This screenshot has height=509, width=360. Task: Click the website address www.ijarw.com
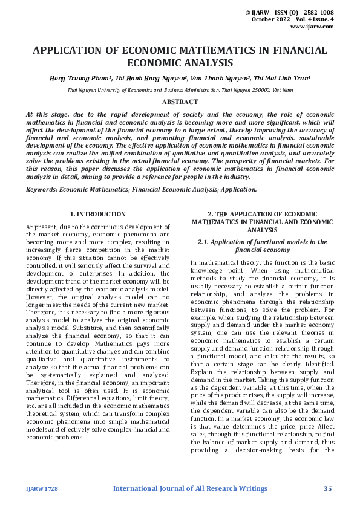click(x=312, y=27)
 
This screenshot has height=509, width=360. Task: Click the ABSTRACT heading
click(x=180, y=102)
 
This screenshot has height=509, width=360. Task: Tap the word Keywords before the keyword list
click(x=42, y=189)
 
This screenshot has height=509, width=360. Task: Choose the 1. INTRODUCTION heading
click(x=97, y=214)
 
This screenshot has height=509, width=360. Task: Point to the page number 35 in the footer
click(x=328, y=488)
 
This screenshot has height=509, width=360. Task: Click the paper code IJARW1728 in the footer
click(x=42, y=488)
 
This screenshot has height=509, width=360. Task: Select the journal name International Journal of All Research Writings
click(x=190, y=488)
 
